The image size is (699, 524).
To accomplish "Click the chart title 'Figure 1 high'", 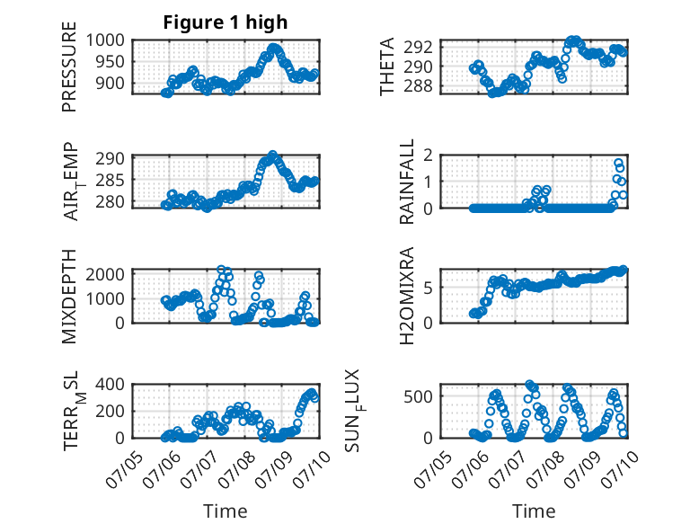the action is click(226, 22).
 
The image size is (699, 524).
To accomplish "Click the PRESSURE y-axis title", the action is click(69, 67).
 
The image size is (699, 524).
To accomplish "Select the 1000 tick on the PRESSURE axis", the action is click(105, 40).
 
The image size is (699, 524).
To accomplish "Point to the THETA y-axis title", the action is click(387, 67).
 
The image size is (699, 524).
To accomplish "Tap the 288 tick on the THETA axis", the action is click(418, 86).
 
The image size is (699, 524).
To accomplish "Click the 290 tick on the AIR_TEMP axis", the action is click(111, 159).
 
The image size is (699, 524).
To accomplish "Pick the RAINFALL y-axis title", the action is click(407, 182).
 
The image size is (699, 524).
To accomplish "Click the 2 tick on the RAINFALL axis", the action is click(428, 155).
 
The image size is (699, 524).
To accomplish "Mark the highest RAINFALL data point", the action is click(618, 164).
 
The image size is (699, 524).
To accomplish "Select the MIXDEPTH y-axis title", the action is click(69, 297).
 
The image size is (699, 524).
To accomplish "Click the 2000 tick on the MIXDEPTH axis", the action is click(105, 274).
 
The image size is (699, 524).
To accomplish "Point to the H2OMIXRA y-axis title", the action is click(407, 296).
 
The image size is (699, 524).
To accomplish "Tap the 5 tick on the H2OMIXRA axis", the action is click(428, 289).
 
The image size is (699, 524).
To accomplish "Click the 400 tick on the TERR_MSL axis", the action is click(111, 384).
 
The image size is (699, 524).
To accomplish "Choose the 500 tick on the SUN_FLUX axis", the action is click(418, 396).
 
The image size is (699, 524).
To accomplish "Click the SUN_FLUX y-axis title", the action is click(353, 411).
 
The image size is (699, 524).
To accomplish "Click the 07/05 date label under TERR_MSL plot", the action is click(125, 469).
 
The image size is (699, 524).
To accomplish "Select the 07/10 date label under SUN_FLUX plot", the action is click(620, 469).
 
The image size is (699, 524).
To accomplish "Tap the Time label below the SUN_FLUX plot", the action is click(534, 511).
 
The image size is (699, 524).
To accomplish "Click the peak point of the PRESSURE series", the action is click(273, 48).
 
